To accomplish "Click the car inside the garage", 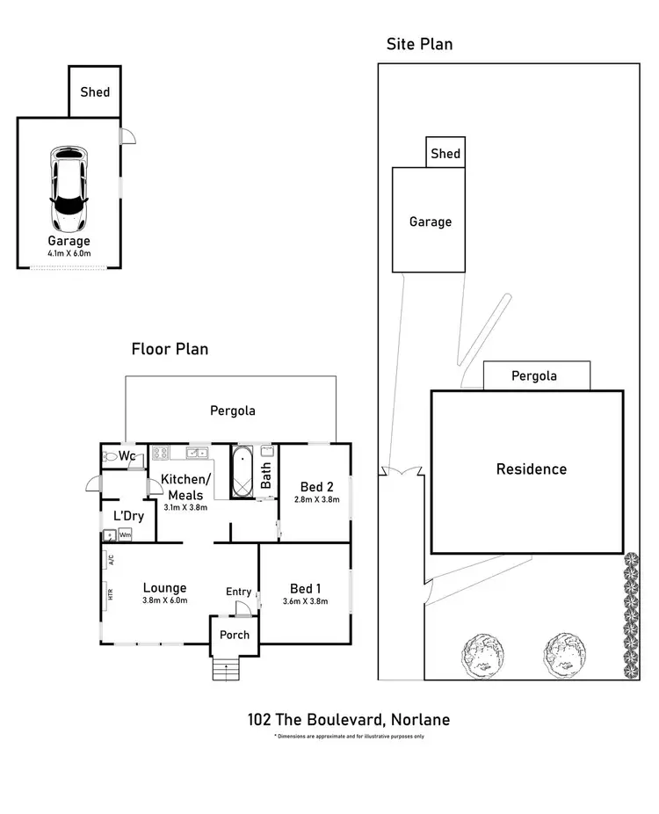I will pyautogui.click(x=69, y=187).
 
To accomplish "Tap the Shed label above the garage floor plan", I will pyautogui.click(x=95, y=91).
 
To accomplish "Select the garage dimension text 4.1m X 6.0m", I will pyautogui.click(x=69, y=254).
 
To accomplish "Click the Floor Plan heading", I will pyautogui.click(x=170, y=349).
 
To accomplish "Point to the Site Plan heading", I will pyautogui.click(x=419, y=44).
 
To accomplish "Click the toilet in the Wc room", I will pyautogui.click(x=111, y=456).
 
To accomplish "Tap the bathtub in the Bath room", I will pyautogui.click(x=242, y=471).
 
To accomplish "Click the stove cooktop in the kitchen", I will pyautogui.click(x=161, y=454).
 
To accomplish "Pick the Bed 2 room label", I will pyautogui.click(x=316, y=487).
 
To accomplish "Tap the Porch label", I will pyautogui.click(x=235, y=635).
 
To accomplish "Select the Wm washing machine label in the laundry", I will pyautogui.click(x=125, y=534).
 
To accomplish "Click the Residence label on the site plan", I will pyautogui.click(x=532, y=469).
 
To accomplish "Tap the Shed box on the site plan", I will pyautogui.click(x=445, y=153).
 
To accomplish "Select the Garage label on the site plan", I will pyautogui.click(x=431, y=222).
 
